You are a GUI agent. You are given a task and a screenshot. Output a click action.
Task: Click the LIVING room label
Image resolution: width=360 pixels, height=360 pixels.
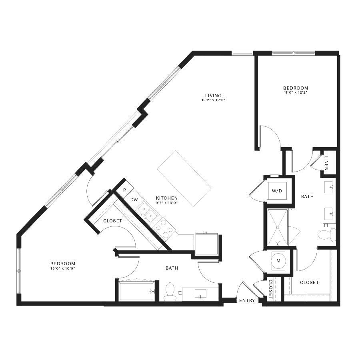point(213,96)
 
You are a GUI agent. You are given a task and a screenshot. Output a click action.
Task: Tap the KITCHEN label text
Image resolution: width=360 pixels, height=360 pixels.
point(167,198)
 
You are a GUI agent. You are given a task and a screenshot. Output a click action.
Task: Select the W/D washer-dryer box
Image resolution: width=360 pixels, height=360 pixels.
point(277,191)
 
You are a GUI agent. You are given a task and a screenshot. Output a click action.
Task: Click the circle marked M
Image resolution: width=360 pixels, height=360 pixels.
point(278,261)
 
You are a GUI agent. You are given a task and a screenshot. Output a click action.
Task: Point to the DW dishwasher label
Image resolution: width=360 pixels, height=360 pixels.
point(134,200)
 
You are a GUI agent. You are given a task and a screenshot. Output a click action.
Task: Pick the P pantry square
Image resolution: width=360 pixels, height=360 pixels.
point(125,190)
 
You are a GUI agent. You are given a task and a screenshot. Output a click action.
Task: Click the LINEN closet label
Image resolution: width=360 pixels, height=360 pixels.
point(326,163)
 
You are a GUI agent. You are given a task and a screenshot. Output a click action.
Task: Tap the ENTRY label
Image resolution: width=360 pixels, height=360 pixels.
point(247,300)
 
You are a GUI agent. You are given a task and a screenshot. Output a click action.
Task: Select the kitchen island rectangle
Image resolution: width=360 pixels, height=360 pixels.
point(184,178)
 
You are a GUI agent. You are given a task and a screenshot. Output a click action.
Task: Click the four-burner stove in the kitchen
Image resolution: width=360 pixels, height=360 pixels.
point(164,229)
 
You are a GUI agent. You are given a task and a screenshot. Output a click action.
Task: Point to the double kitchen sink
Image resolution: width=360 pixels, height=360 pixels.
point(146,212)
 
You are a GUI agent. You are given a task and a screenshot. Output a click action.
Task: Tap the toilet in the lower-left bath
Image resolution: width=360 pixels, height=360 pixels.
point(169,292)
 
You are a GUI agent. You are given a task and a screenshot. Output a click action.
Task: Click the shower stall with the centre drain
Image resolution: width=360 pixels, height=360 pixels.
point(277,227)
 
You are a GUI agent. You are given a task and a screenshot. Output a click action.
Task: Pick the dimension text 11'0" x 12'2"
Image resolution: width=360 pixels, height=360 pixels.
point(296,92)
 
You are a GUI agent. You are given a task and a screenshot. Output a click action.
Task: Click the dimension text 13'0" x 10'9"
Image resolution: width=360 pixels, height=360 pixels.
point(63,268)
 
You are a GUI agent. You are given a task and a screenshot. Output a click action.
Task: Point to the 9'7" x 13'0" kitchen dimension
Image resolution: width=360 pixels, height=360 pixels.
point(167,203)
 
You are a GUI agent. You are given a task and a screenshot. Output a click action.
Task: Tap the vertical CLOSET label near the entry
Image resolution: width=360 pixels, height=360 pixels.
point(270,289)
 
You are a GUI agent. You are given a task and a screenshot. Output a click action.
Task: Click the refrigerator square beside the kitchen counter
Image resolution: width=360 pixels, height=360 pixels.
point(206,244)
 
